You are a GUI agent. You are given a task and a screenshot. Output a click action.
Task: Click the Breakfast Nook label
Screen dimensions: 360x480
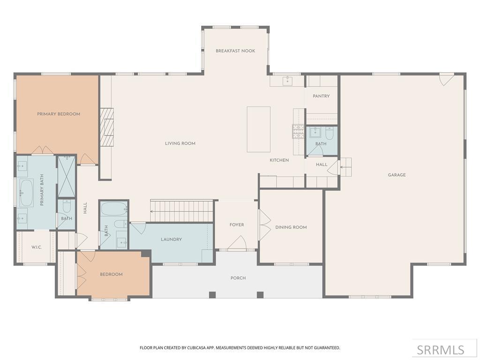tap(235, 51)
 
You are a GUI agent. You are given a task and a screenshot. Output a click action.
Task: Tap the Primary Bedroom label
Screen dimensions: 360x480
tap(59, 114)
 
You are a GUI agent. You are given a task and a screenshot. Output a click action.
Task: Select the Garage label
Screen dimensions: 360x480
tap(397, 175)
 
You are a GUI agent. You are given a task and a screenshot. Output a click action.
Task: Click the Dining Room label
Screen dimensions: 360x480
tap(291, 227)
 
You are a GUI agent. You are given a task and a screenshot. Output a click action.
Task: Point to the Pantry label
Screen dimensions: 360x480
tap(321, 96)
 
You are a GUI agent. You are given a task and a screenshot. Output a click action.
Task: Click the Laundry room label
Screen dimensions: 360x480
tap(171, 240)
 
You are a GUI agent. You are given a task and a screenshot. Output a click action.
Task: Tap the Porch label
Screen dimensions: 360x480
tap(238, 278)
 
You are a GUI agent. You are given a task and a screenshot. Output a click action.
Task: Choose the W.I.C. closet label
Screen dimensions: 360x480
tap(37, 247)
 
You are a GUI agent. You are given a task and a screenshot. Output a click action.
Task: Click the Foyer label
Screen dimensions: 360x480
tap(237, 225)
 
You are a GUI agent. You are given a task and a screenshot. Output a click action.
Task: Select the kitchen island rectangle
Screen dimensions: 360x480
tap(259, 129)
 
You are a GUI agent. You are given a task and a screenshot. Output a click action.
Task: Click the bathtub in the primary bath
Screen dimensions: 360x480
tap(26, 193)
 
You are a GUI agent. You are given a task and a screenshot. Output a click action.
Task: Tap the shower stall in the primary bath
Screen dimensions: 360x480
tap(67, 176)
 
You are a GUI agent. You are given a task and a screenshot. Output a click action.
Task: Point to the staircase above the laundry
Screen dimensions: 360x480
tap(181, 211)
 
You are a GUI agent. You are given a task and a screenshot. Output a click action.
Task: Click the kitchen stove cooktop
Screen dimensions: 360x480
tap(298, 132)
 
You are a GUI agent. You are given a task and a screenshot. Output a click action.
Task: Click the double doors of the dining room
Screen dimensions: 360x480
tap(264, 225)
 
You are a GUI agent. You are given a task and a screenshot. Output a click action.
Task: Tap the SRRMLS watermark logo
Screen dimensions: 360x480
tap(440, 350)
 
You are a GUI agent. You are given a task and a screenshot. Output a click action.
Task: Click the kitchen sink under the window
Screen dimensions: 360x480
tap(287, 81)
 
